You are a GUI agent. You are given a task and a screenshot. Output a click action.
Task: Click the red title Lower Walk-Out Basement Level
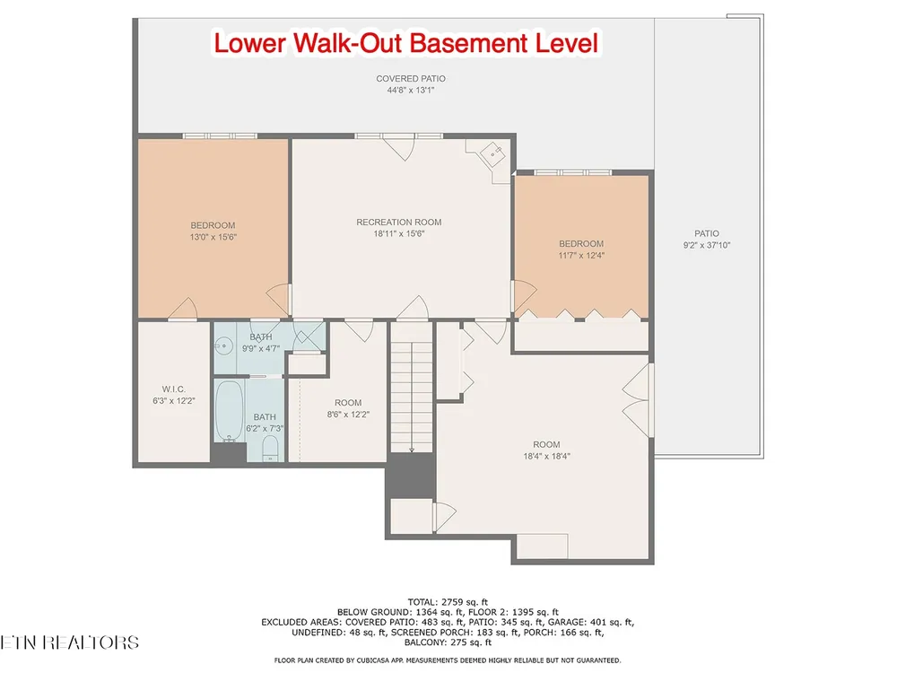click(x=406, y=43)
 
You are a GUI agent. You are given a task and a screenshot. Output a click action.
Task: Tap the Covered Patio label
click(x=411, y=78)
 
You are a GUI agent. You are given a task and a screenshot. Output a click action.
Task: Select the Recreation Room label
click(x=399, y=222)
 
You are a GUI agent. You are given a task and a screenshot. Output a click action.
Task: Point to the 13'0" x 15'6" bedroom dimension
click(x=213, y=237)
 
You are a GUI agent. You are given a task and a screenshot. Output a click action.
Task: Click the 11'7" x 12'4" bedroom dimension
click(x=581, y=255)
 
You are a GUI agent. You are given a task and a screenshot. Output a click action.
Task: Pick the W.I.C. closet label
click(x=173, y=389)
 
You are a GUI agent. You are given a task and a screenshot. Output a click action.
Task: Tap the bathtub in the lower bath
click(x=229, y=411)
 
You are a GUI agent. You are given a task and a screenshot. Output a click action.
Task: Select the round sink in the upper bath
click(x=223, y=345)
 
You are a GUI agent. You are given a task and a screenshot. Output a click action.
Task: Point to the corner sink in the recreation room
click(x=492, y=154)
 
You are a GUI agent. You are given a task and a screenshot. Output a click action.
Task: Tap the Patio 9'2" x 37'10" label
click(x=707, y=240)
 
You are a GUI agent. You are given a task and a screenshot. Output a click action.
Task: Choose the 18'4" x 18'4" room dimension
click(x=546, y=456)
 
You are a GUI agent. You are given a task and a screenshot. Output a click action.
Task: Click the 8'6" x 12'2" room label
click(x=348, y=408)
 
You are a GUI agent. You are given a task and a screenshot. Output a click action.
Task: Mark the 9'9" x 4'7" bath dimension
click(x=261, y=348)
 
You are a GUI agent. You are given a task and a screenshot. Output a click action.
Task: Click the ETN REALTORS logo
click(x=69, y=642)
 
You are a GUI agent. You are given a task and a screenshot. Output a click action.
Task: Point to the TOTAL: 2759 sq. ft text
click(x=448, y=602)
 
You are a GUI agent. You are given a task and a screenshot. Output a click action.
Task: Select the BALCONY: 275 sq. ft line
click(x=448, y=642)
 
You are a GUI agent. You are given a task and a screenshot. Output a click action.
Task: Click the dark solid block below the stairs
click(x=411, y=476)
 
